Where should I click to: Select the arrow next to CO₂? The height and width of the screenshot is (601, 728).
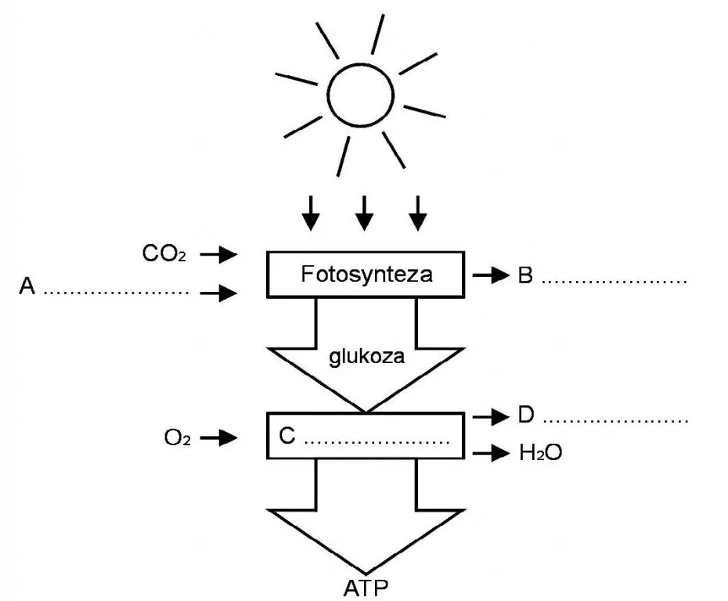[x=219, y=254]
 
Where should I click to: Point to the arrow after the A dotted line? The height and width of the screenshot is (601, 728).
[x=219, y=293]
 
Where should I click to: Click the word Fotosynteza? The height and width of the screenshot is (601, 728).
[x=366, y=275]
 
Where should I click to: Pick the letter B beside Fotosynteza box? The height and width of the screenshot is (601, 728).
[x=526, y=275]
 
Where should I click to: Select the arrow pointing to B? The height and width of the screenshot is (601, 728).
[x=490, y=275]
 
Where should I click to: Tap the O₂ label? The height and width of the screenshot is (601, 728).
[x=176, y=438]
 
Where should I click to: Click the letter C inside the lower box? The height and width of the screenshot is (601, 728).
[x=287, y=437]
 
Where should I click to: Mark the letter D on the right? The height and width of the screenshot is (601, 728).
[x=526, y=416]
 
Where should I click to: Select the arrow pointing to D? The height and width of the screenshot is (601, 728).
[x=490, y=416]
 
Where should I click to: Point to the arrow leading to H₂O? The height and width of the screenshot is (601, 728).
[x=490, y=452]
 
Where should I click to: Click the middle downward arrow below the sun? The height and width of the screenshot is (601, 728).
[x=364, y=212]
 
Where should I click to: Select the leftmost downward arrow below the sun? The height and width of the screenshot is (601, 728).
[x=311, y=212]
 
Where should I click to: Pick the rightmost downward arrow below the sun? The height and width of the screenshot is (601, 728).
[x=418, y=212]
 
